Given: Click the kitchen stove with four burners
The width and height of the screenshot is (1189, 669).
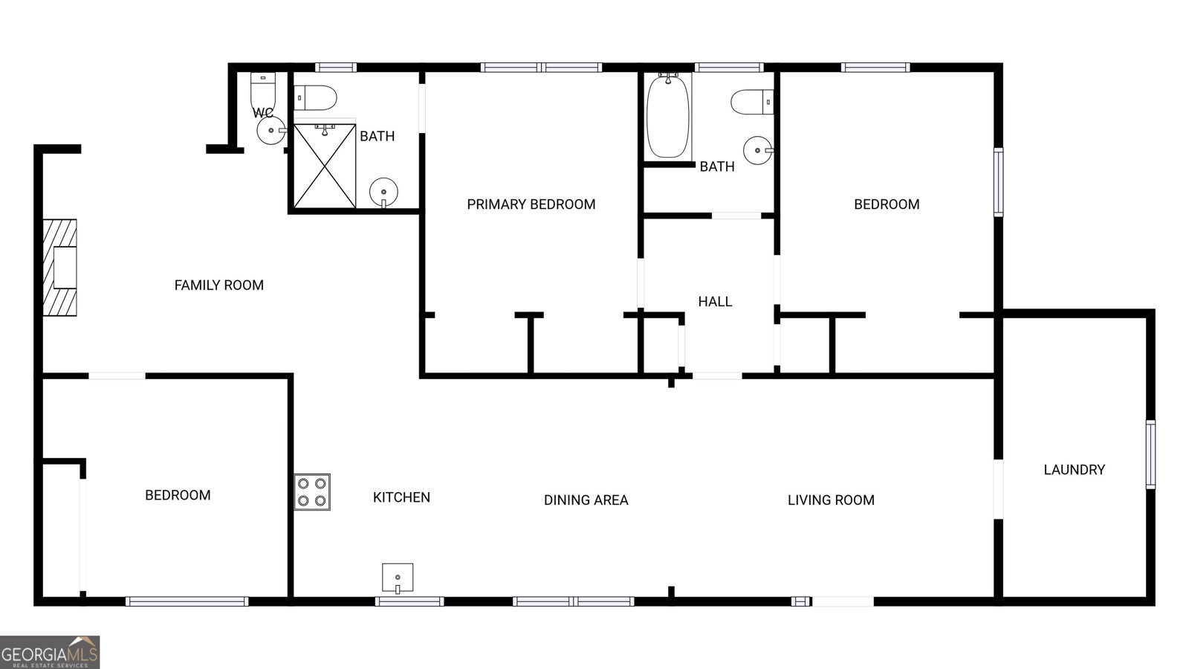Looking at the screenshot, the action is (312, 492).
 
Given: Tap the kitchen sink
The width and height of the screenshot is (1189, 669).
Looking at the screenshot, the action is (398, 578).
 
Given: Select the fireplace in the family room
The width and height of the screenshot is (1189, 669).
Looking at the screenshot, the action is (60, 268).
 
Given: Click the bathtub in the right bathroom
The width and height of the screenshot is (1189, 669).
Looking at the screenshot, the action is (668, 116).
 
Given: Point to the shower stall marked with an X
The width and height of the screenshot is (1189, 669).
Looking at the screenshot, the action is (324, 166).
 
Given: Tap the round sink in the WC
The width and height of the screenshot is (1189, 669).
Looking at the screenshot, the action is (271, 130).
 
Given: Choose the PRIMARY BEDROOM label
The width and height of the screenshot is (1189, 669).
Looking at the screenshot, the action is (531, 204).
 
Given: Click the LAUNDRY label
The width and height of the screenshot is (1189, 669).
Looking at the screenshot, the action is (1075, 470).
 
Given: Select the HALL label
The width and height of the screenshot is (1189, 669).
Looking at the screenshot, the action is (715, 302).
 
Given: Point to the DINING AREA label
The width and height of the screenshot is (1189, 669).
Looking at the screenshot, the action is (586, 500).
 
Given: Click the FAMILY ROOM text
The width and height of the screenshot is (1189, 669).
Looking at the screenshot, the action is (218, 285).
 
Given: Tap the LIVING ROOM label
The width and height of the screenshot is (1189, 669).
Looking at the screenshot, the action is (831, 500).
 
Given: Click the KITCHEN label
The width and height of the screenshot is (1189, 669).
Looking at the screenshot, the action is (401, 497).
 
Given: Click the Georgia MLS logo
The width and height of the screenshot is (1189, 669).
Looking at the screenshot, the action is (49, 652).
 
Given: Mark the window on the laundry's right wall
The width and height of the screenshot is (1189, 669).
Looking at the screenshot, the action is (1150, 454).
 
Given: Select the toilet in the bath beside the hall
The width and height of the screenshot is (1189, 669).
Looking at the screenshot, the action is (752, 102).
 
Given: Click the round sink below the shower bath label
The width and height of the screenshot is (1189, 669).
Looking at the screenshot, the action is (383, 193).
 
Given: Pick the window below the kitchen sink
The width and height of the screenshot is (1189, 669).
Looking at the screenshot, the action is (409, 601).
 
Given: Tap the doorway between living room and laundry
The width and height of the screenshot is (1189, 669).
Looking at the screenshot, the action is (999, 489).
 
